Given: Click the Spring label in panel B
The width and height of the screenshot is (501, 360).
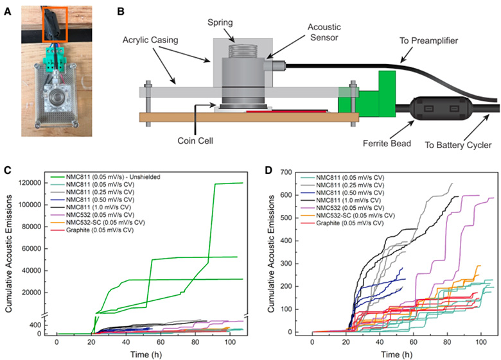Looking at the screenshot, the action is pos(220,22).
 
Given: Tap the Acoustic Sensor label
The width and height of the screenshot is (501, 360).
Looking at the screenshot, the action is pos(324,32).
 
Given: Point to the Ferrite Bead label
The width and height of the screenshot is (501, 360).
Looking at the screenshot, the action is pos(387,143).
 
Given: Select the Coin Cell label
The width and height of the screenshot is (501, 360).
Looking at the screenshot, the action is pos(195,141).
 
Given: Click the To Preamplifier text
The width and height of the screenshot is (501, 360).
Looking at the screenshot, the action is pos(429,41).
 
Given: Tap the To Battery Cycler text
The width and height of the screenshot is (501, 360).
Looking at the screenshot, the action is pos(458,145).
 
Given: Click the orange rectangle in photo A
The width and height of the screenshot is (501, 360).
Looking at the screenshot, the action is pos(55,24).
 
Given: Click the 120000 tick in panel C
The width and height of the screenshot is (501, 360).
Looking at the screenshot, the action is pos(31,183).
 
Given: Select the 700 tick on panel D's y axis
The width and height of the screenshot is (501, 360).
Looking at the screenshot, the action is pos(286,173).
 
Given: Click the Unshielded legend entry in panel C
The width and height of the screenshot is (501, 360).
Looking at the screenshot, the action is pos(105,177).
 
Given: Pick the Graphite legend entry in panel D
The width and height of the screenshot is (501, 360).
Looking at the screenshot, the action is pos(342,223).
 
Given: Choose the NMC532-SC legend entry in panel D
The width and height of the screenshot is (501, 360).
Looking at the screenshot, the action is pos(347,216).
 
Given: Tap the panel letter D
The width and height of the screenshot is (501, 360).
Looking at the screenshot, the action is pos(268,170).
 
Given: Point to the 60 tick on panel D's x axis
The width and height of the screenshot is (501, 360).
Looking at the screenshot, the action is pos(414,343).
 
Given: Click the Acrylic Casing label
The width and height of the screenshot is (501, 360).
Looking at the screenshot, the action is pos(150,40).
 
